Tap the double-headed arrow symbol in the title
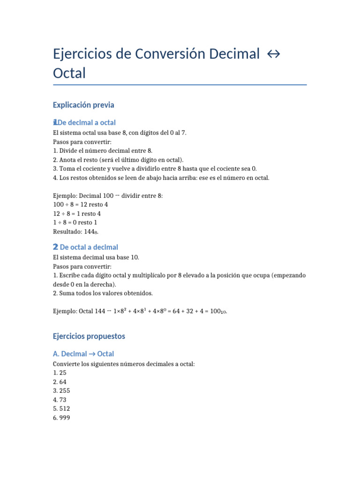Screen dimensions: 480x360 pyautogui.click(x=273, y=54)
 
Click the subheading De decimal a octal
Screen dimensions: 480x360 pyautogui.click(x=88, y=123)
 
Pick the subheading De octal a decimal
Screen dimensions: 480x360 pyautogui.click(x=89, y=247)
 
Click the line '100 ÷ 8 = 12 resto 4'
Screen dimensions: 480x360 pyautogui.click(x=81, y=204)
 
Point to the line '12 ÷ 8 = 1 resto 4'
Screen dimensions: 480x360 pyautogui.click(x=77, y=213)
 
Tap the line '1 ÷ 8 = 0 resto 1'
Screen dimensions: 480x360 pyautogui.click(x=75, y=222)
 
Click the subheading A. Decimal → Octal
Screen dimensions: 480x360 pyautogui.click(x=83, y=354)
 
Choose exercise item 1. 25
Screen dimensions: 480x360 pyautogui.click(x=60, y=373)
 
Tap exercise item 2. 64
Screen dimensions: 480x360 pyautogui.click(x=60, y=382)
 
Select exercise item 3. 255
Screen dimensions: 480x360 pyautogui.click(x=62, y=390)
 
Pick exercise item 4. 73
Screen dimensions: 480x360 pyautogui.click(x=60, y=399)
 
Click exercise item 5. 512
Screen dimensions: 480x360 pyautogui.click(x=62, y=408)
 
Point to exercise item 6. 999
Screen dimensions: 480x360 pyautogui.click(x=62, y=417)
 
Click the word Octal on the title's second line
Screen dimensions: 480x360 pyautogui.click(x=69, y=73)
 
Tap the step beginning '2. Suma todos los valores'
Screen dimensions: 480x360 pyautogui.click(x=103, y=293)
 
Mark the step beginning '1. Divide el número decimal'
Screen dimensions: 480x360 pyautogui.click(x=103, y=150)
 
